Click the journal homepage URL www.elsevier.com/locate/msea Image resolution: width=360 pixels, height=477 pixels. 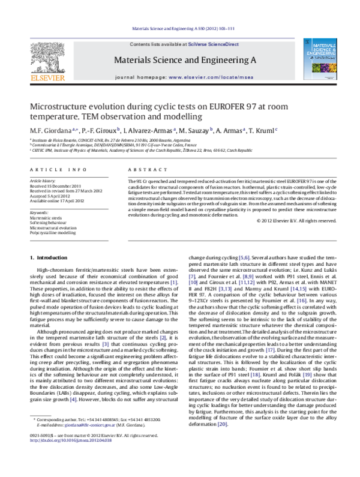(x=212, y=78)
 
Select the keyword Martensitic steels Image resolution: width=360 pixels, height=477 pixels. (x=47, y=218)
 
